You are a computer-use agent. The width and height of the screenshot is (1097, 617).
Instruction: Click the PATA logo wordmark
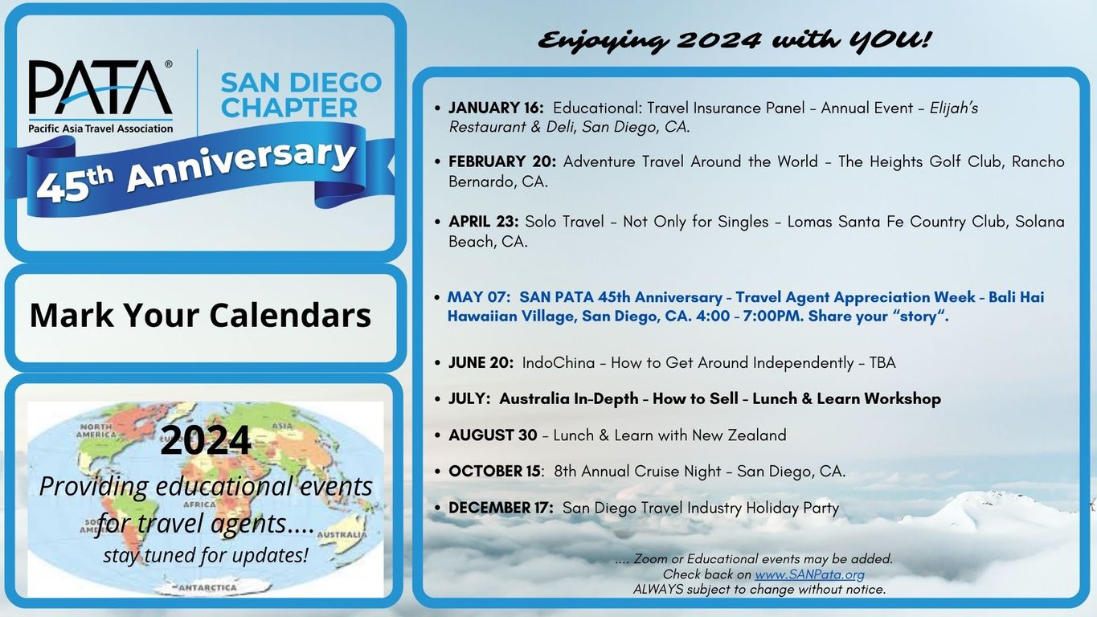[x=100, y=88]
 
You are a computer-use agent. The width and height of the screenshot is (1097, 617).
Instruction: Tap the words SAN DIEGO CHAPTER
[x=301, y=95]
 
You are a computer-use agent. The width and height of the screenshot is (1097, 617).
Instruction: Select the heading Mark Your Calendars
[x=200, y=315]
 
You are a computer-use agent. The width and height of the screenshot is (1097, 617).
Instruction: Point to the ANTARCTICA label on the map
[x=207, y=587]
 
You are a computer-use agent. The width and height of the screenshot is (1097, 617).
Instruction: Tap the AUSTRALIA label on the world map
[x=342, y=535]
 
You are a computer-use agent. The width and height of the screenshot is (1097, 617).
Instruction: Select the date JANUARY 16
[x=496, y=108]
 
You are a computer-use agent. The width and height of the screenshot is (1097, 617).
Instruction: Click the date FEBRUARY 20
[x=502, y=161]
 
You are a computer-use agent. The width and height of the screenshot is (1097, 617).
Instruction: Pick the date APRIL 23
[x=483, y=222]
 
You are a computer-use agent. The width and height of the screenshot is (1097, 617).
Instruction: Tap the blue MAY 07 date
[x=478, y=297]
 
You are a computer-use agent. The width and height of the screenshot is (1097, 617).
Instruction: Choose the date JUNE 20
[x=481, y=363]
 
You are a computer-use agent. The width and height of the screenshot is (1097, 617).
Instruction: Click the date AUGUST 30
[x=493, y=435]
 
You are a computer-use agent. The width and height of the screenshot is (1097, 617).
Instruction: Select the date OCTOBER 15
[x=494, y=471]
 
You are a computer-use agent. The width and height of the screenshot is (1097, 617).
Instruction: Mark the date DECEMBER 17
[x=501, y=507]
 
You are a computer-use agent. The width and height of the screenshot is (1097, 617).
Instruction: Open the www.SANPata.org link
[x=809, y=574]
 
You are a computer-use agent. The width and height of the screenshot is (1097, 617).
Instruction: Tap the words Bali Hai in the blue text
[x=1016, y=297]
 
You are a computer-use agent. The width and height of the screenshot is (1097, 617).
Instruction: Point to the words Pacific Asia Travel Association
[x=100, y=129]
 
